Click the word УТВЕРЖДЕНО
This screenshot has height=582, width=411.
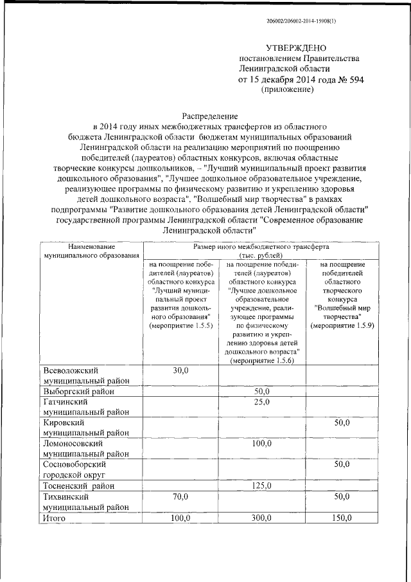point(297,48)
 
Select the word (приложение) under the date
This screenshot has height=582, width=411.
point(287,90)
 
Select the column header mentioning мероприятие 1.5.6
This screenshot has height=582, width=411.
point(262,308)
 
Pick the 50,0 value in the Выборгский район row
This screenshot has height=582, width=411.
point(262,391)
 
